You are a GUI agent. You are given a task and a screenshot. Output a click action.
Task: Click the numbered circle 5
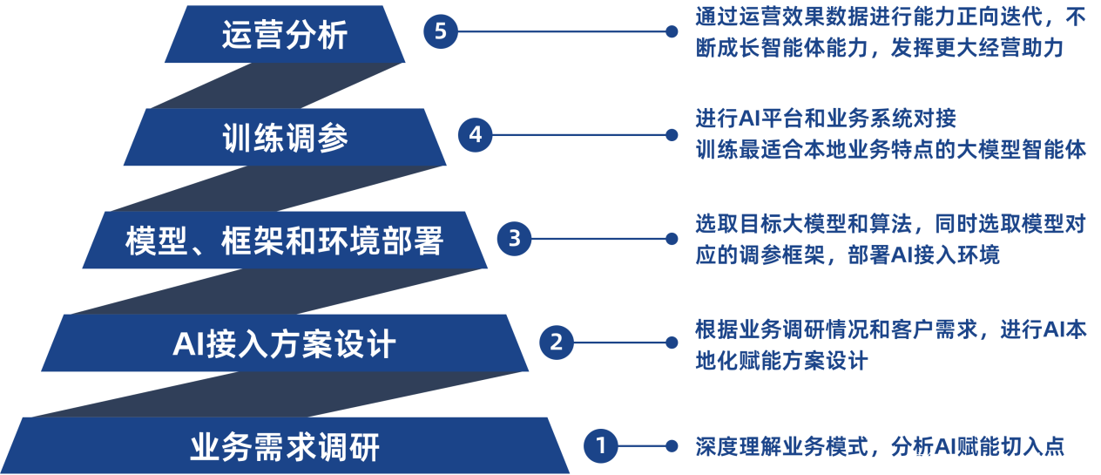(440, 32)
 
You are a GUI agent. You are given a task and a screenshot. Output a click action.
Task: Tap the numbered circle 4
(475, 135)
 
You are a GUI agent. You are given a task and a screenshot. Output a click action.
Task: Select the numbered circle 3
(514, 238)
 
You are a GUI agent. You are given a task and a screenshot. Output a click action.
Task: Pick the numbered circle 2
(557, 343)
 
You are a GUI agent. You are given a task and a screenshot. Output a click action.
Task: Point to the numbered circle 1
(600, 446)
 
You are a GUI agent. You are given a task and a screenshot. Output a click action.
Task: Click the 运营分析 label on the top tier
(285, 36)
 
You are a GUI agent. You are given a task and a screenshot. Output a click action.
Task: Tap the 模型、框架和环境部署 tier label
(284, 241)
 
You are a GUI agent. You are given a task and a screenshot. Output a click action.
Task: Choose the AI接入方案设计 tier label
(284, 344)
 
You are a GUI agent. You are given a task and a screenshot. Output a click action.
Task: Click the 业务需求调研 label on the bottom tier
(285, 448)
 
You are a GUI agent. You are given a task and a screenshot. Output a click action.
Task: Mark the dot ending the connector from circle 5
(672, 32)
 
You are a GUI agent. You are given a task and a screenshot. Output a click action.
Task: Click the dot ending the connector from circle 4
(672, 135)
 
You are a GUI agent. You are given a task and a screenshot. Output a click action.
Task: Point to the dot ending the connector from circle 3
(672, 238)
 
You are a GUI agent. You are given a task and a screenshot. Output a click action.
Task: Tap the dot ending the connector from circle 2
(672, 343)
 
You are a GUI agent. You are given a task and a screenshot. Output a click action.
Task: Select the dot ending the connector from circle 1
(672, 446)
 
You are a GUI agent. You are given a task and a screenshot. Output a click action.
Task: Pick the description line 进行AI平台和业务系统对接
(825, 117)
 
